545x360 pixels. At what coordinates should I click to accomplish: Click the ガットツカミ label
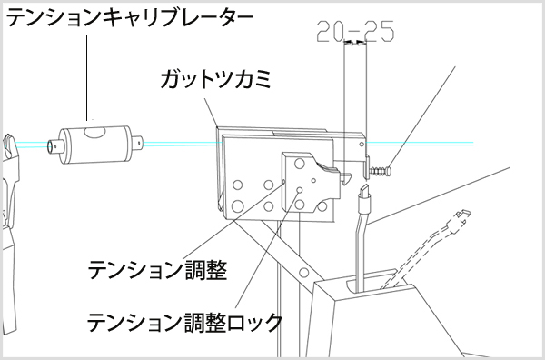point(216,80)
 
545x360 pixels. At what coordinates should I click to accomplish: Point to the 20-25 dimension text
point(355,33)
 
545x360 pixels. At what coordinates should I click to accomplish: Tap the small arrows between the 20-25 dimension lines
point(355,43)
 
